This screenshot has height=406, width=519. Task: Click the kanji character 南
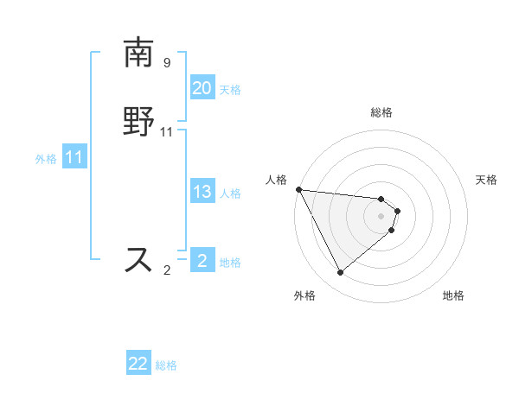pyautogui.click(x=138, y=54)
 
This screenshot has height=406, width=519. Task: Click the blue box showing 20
pyautogui.click(x=202, y=88)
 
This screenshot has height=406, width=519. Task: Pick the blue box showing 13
pyautogui.click(x=202, y=192)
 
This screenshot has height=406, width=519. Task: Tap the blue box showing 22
pyautogui.click(x=138, y=364)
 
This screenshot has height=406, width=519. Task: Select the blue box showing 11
pyautogui.click(x=74, y=157)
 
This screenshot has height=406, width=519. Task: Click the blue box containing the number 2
pyautogui.click(x=202, y=260)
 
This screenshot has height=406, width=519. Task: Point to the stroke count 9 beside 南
pyautogui.click(x=166, y=63)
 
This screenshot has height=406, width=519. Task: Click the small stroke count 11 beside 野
pyautogui.click(x=167, y=132)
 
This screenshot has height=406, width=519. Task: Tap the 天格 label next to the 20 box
pyautogui.click(x=230, y=89)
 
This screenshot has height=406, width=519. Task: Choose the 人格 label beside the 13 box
pyautogui.click(x=230, y=193)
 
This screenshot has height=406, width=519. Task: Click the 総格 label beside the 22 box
pyautogui.click(x=166, y=365)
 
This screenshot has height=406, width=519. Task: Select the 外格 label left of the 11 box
pyautogui.click(x=46, y=158)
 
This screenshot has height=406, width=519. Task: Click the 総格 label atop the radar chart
pyautogui.click(x=381, y=112)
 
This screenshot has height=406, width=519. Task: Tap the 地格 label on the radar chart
pyautogui.click(x=453, y=295)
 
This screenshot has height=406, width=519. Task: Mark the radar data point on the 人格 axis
pyautogui.click(x=298, y=189)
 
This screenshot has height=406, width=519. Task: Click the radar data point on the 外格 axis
pyautogui.click(x=340, y=273)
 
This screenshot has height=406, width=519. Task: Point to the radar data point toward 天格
pyautogui.click(x=398, y=210)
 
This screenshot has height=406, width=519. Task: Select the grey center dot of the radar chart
pyautogui.click(x=381, y=215)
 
